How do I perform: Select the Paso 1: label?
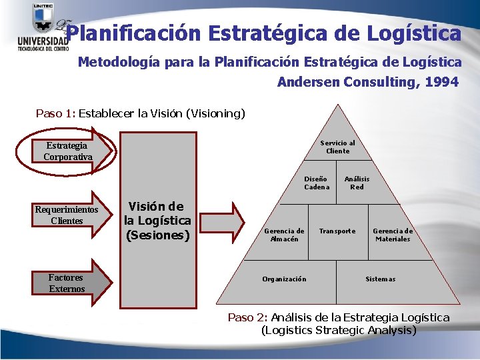pyautogui.click(x=55, y=113)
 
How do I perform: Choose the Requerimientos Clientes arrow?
pyautogui.click(x=67, y=215)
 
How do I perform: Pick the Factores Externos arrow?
pyautogui.click(x=67, y=283)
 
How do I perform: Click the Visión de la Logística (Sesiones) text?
pyautogui.click(x=159, y=221)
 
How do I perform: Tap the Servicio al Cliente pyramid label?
pyautogui.click(x=337, y=147)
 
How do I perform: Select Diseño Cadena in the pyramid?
pyautogui.click(x=316, y=183)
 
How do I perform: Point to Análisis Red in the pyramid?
pyautogui.click(x=357, y=183)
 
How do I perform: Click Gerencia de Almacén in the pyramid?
pyautogui.click(x=284, y=235)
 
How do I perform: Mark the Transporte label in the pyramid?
pyautogui.click(x=337, y=231)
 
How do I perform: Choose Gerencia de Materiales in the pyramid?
pyautogui.click(x=392, y=235)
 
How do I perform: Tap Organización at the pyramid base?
pyautogui.click(x=284, y=279)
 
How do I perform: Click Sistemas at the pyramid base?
pyautogui.click(x=380, y=279)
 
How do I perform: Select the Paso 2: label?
pyautogui.click(x=248, y=317)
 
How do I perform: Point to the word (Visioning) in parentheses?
pyautogui.click(x=217, y=113)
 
